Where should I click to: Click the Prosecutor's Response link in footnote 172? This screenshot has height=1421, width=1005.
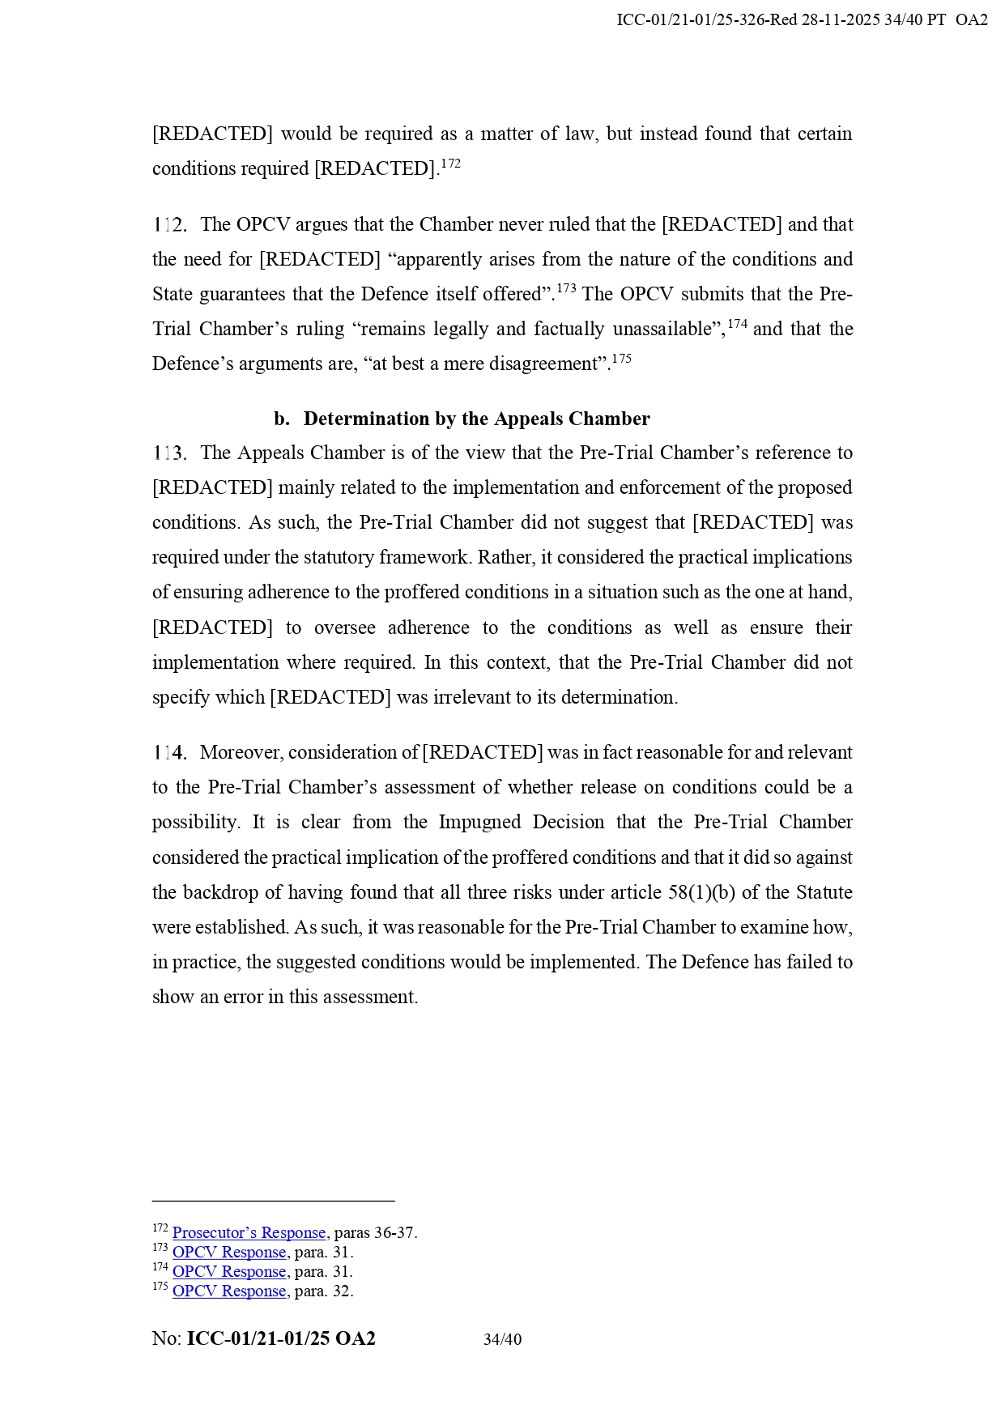pos(249,1233)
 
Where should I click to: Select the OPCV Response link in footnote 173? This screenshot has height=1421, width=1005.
pos(229,1253)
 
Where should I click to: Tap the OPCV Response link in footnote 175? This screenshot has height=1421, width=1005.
pos(229,1291)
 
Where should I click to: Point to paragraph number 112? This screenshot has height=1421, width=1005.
pos(170,225)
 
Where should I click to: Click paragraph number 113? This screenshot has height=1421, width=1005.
pos(170,453)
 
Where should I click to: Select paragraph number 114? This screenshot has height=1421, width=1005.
pos(170,753)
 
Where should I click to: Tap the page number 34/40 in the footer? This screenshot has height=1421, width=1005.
pos(502,1340)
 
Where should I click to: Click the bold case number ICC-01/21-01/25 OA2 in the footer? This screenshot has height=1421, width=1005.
pos(281,1339)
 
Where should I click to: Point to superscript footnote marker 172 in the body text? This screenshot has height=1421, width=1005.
pos(451,164)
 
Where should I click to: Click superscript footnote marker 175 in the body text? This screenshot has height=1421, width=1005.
pos(621,359)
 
